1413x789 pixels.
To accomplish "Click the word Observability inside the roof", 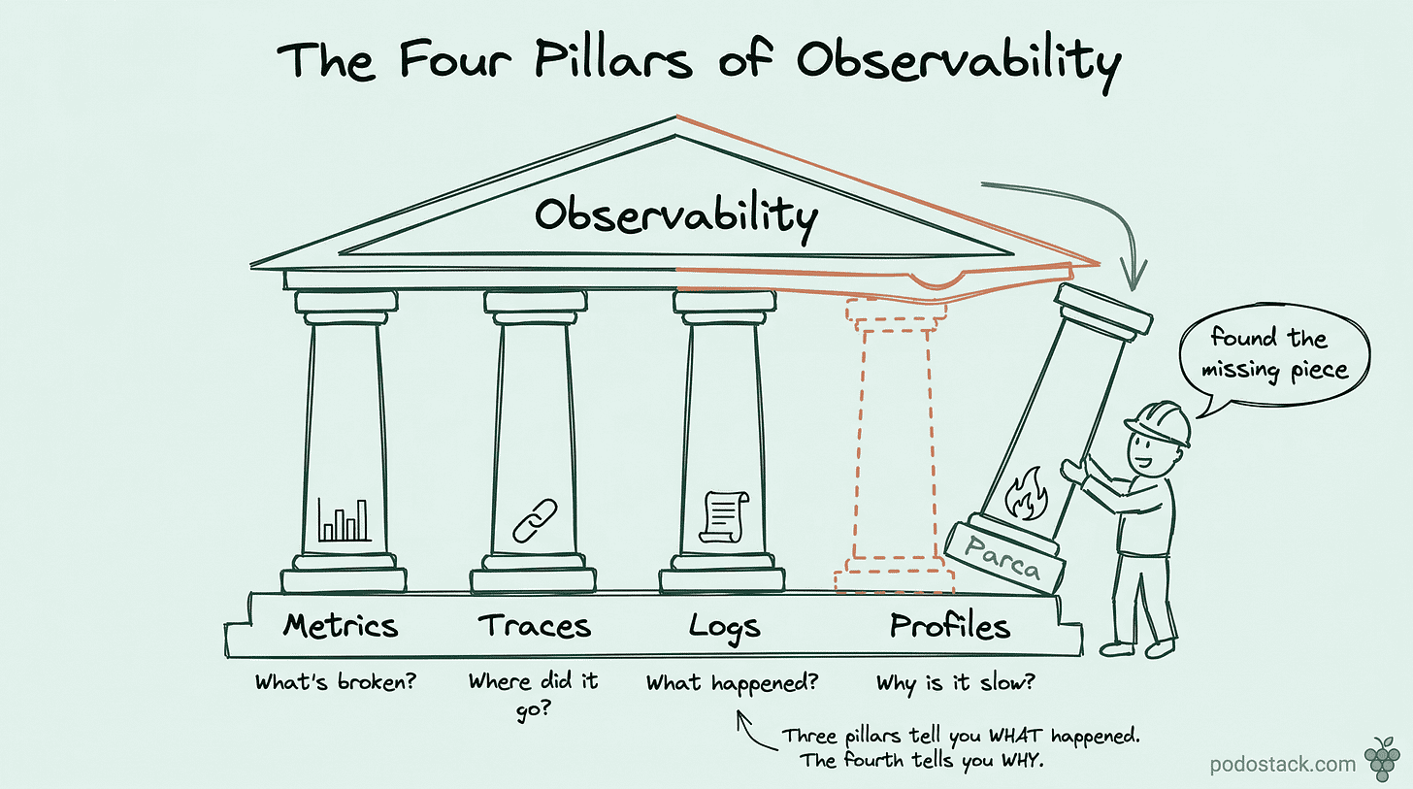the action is [675, 214].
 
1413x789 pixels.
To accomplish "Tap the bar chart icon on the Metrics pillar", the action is [345, 519].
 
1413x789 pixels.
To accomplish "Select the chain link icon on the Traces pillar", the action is [535, 520].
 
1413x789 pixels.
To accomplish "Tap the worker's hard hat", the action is [1158, 423].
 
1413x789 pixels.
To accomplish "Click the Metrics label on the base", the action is [341, 626].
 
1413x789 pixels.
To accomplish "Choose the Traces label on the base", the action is [535, 626].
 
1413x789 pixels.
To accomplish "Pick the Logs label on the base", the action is [724, 627].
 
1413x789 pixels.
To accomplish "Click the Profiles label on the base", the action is [950, 627].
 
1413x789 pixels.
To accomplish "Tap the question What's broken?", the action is [336, 682].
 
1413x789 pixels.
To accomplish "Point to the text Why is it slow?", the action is [955, 682].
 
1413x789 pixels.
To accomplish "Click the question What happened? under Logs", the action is [732, 682].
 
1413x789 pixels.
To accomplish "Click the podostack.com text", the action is [1283, 764].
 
